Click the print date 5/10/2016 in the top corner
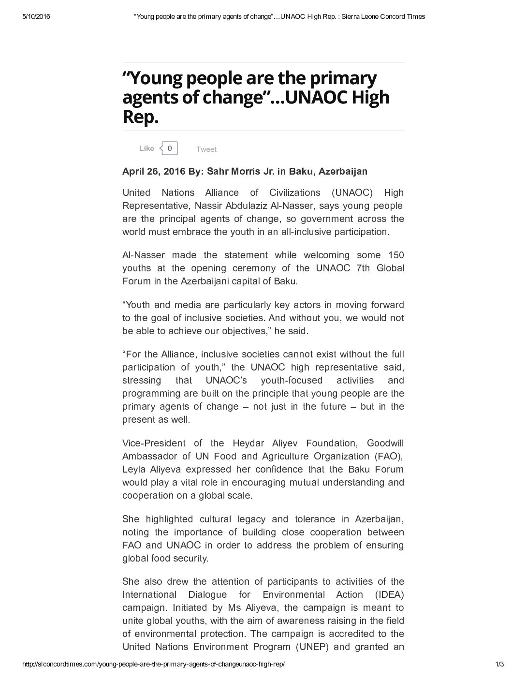click(36, 16)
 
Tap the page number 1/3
click(499, 664)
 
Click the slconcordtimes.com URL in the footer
click(153, 664)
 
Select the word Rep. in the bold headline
click(140, 117)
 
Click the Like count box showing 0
click(170, 148)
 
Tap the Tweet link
click(206, 149)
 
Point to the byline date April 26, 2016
click(153, 171)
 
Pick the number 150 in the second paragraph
click(396, 255)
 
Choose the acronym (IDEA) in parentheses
click(389, 594)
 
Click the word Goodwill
click(385, 443)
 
